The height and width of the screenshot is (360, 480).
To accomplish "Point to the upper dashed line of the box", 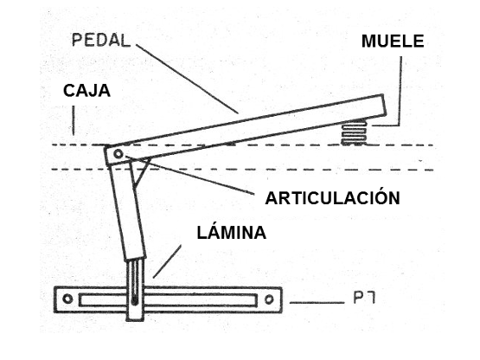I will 259,144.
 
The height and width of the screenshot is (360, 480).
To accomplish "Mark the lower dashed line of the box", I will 259,168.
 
